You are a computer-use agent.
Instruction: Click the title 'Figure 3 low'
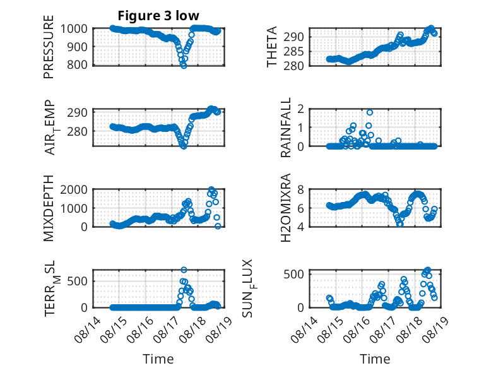pos(158,16)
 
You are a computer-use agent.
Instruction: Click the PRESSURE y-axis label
pos(49,47)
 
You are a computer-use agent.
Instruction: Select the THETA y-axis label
pos(272,47)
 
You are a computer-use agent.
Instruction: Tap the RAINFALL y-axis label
pos(286,128)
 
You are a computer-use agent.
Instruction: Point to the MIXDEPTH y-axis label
pos(49,208)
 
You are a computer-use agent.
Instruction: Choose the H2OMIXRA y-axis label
pos(286,208)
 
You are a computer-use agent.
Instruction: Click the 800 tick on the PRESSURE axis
pos(77,65)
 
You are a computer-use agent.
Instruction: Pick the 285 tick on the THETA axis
pos(293,51)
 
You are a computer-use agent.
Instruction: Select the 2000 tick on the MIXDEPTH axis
pos(74,189)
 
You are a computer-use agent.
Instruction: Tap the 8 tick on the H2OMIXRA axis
pos(300,189)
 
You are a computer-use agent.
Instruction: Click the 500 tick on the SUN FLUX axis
pos(293,275)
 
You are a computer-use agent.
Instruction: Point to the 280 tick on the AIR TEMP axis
pos(77,131)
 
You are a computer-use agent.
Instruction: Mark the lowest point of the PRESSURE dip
pos(184,66)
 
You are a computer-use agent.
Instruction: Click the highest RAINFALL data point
pos(370,112)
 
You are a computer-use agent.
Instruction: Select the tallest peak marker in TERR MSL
pos(184,270)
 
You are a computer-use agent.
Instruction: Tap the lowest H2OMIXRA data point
pos(400,224)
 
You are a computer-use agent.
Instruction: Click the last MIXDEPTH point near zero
pos(218,226)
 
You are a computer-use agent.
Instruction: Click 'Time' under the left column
pos(158,359)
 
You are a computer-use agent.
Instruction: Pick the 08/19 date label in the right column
pos(435,329)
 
